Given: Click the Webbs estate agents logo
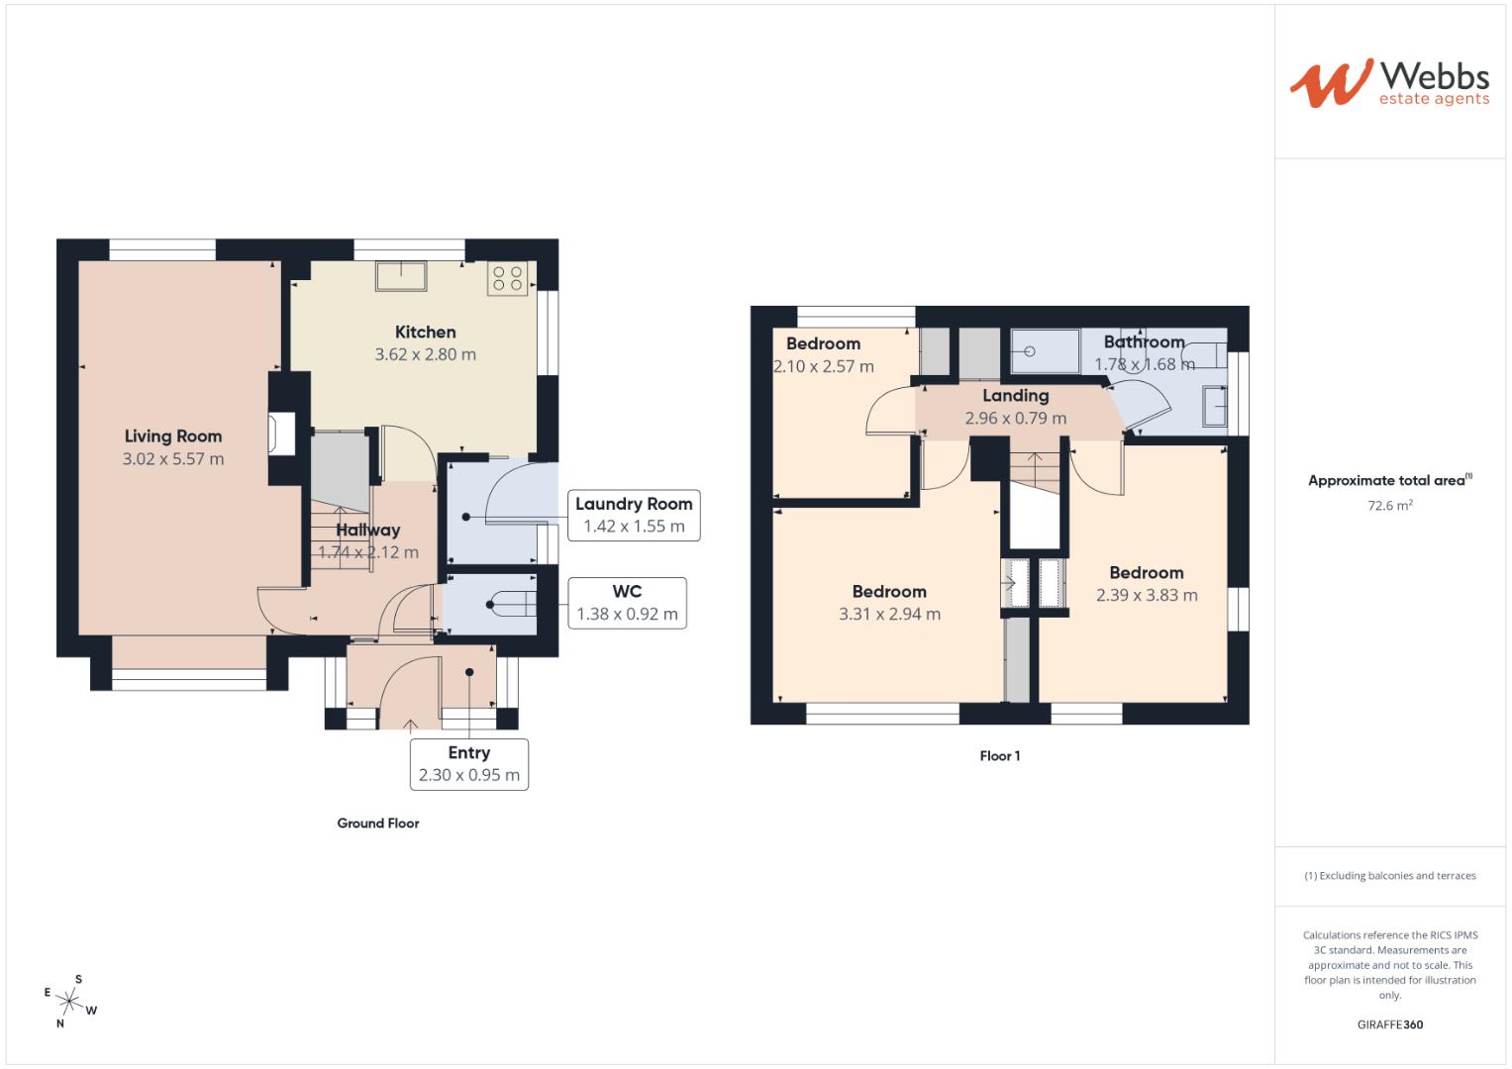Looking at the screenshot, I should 1389,83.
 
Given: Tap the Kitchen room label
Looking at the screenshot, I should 425,333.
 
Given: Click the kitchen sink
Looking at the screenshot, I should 400,275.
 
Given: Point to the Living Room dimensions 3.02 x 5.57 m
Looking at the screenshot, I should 173,459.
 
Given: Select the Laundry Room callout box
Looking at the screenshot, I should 634,515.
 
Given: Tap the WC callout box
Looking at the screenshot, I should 627,603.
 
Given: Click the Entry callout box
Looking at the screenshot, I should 468,764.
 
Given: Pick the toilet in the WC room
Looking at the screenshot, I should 510,604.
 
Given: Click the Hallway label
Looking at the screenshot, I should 367,531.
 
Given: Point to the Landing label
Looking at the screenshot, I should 1015,396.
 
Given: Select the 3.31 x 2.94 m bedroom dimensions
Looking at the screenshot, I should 889,614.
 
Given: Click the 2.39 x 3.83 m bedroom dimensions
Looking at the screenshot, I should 1147,595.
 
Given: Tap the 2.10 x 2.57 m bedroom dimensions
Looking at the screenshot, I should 824,366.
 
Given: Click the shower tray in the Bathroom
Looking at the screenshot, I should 1045,351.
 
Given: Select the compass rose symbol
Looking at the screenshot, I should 69,1001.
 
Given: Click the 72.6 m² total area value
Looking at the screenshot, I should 1389,505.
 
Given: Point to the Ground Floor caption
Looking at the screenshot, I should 378,824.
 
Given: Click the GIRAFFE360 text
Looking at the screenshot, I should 1389,1024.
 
